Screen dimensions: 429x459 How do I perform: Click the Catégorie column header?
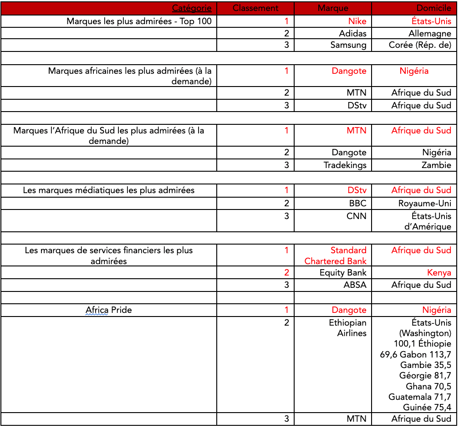(191, 8)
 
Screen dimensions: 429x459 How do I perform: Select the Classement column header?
(255, 8)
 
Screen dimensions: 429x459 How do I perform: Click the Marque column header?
(333, 8)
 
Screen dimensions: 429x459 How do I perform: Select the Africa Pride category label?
(109, 310)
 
